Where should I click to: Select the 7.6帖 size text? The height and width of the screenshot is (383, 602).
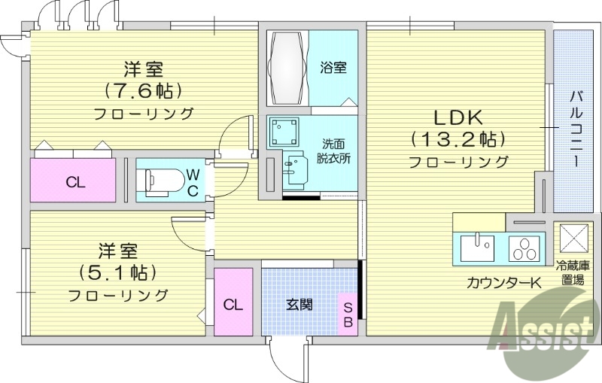(143, 91)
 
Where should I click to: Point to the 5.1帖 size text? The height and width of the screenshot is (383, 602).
(118, 271)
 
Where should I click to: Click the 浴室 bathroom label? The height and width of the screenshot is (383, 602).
(333, 68)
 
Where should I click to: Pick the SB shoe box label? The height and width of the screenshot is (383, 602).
(348, 314)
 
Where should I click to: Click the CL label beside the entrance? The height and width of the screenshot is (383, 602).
(233, 305)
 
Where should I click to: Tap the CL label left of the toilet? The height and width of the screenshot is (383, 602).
(74, 181)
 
